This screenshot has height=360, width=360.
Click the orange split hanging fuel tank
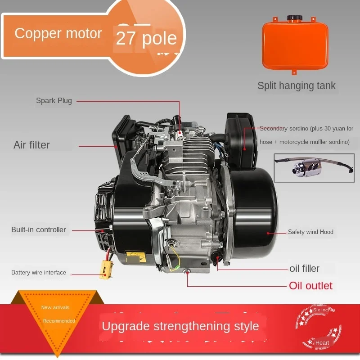pos(294,44)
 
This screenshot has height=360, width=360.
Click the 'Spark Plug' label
pos(54,101)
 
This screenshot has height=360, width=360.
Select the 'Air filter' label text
pos(31,145)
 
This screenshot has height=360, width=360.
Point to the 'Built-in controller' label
pos(39,230)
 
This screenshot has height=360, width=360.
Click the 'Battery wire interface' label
pos(39,272)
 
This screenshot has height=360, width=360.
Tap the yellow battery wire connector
pos(106,269)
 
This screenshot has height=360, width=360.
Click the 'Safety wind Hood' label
pos(310,232)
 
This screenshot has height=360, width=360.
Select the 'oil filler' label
pos(304,269)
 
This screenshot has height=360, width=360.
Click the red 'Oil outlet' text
pos(310,286)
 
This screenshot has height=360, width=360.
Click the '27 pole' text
pos(146,39)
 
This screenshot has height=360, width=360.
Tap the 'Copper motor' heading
pos(58,33)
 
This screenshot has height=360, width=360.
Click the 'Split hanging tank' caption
pos(297,85)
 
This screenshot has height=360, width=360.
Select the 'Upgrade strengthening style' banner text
pos(180,326)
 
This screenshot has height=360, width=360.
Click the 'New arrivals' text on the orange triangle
pos(55,308)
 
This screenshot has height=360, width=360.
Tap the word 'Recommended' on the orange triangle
pos(59,321)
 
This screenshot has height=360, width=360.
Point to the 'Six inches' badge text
pos(324,310)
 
